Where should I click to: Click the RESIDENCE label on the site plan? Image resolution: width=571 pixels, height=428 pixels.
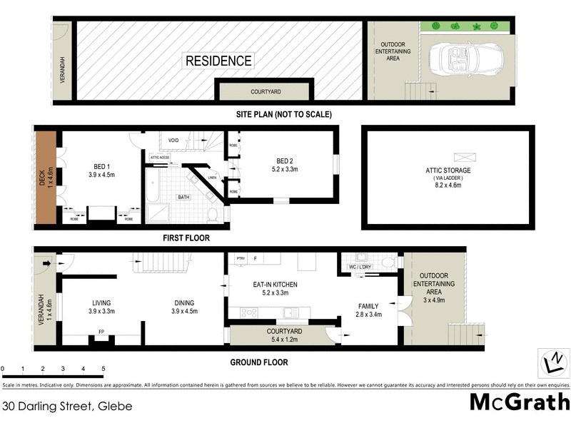pos(218,61)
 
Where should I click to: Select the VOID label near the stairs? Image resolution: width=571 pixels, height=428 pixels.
pos(173,141)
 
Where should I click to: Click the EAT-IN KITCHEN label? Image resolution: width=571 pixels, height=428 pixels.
pos(275,285)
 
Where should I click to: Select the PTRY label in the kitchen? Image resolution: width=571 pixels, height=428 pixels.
pos(240,258)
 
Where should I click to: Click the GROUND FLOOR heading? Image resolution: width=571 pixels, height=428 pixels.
pos(259,362)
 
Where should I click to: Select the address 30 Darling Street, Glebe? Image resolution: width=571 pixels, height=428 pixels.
pos(66,406)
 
